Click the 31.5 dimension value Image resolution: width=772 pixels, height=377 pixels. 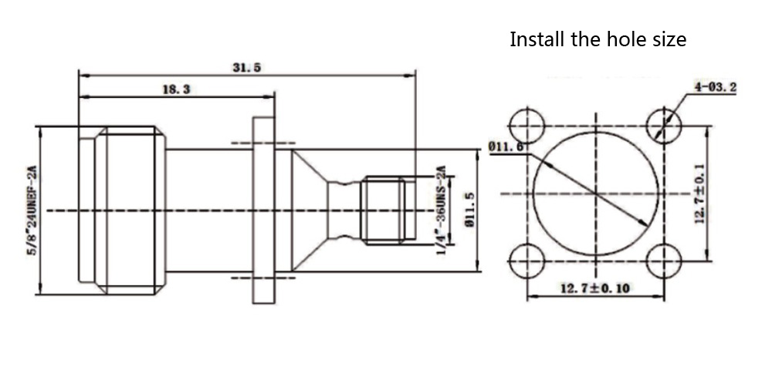click(x=246, y=67)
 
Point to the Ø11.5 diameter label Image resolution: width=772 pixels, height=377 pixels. click(x=468, y=210)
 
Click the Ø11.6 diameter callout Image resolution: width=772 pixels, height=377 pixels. click(x=506, y=145)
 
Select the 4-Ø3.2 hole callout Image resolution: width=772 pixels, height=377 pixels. click(x=715, y=87)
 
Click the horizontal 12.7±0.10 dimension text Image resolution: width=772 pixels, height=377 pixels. click(x=594, y=288)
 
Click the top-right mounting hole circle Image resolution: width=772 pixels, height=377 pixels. click(x=663, y=124)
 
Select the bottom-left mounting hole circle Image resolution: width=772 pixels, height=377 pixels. click(x=527, y=261)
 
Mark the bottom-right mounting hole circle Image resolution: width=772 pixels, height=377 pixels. click(x=663, y=261)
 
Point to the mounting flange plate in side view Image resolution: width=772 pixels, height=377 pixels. click(x=263, y=210)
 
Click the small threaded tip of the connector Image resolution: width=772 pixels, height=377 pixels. click(x=384, y=210)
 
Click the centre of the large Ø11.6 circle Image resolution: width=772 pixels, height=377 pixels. click(x=595, y=193)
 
